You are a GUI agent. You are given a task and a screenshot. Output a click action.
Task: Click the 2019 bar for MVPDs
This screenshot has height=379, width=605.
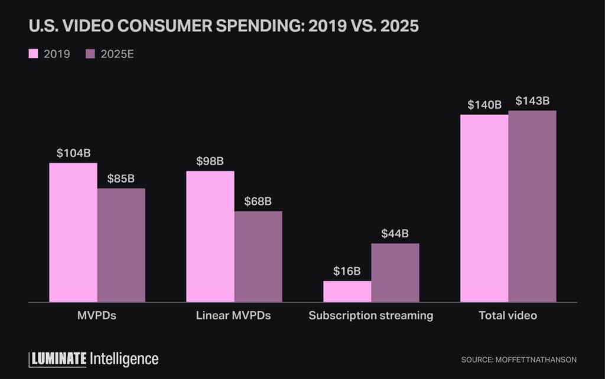pyautogui.click(x=73, y=233)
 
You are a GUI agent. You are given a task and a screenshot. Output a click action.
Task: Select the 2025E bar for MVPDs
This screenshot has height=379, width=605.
pyautogui.click(x=121, y=245)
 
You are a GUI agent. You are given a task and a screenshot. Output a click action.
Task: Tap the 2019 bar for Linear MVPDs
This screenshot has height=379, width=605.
pyautogui.click(x=210, y=237)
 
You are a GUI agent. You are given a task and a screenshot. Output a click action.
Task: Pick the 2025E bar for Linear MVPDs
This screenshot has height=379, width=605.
pyautogui.click(x=258, y=257)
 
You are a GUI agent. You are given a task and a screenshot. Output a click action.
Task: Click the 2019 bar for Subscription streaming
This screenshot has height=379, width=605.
pyautogui.click(x=347, y=292)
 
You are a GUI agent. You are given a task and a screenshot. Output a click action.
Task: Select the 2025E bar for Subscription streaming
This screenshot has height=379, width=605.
pyautogui.click(x=395, y=273)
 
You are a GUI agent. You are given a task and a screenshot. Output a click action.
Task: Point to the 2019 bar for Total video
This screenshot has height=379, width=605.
pyautogui.click(x=484, y=208)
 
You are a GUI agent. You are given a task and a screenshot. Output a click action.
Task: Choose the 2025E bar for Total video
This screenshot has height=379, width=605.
pyautogui.click(x=532, y=207)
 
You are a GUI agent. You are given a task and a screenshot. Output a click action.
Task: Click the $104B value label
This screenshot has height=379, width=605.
pyautogui.click(x=73, y=153)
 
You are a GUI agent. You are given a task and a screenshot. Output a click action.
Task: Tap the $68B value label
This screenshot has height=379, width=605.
pyautogui.click(x=258, y=201)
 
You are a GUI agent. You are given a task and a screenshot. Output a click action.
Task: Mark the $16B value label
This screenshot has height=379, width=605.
pyautogui.click(x=347, y=271)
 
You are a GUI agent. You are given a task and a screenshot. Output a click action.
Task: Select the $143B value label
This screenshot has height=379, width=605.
pyautogui.click(x=532, y=101)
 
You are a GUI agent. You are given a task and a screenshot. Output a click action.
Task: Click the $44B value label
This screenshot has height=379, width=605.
pyautogui.click(x=395, y=233)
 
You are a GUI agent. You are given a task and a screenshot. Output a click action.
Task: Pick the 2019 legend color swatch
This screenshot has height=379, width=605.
pyautogui.click(x=34, y=54)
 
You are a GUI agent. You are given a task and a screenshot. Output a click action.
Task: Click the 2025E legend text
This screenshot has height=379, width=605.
pyautogui.click(x=118, y=54)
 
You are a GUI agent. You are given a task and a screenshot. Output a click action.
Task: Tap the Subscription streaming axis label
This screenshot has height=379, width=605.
pyautogui.click(x=371, y=316)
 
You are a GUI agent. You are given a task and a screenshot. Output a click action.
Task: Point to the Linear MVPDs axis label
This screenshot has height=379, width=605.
pyautogui.click(x=233, y=316)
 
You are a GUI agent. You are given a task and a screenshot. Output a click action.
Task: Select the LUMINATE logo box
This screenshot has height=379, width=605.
pyautogui.click(x=58, y=358)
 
